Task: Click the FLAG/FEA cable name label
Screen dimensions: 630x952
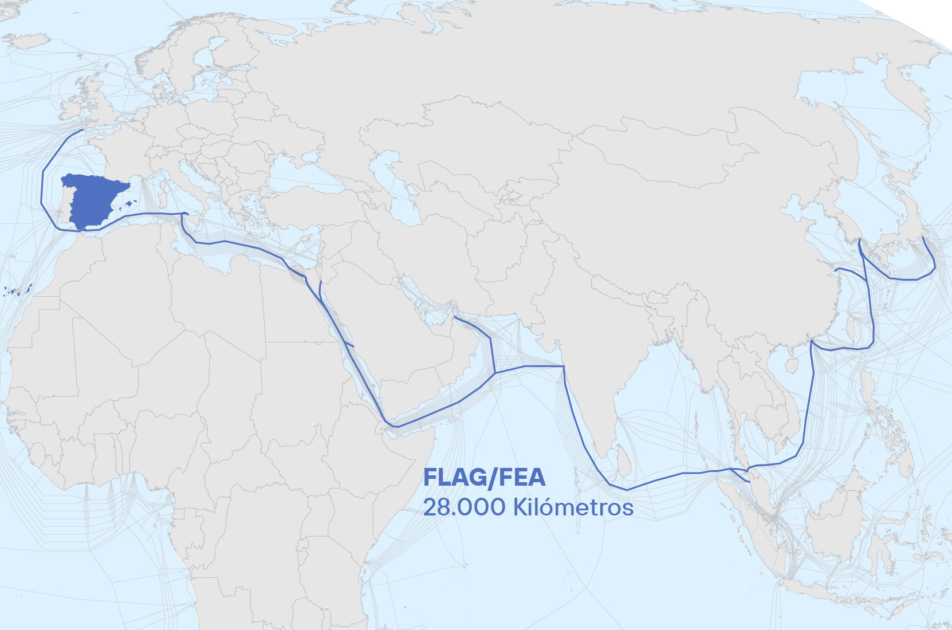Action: (484, 478)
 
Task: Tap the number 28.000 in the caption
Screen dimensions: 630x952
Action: (464, 507)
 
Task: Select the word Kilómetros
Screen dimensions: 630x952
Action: (573, 507)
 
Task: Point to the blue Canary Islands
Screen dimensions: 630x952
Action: (17, 291)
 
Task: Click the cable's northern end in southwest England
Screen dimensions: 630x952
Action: (84, 129)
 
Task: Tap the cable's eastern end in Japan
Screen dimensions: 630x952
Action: (923, 237)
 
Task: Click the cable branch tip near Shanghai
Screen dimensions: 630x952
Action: (837, 269)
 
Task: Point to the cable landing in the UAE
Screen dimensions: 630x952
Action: (454, 316)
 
